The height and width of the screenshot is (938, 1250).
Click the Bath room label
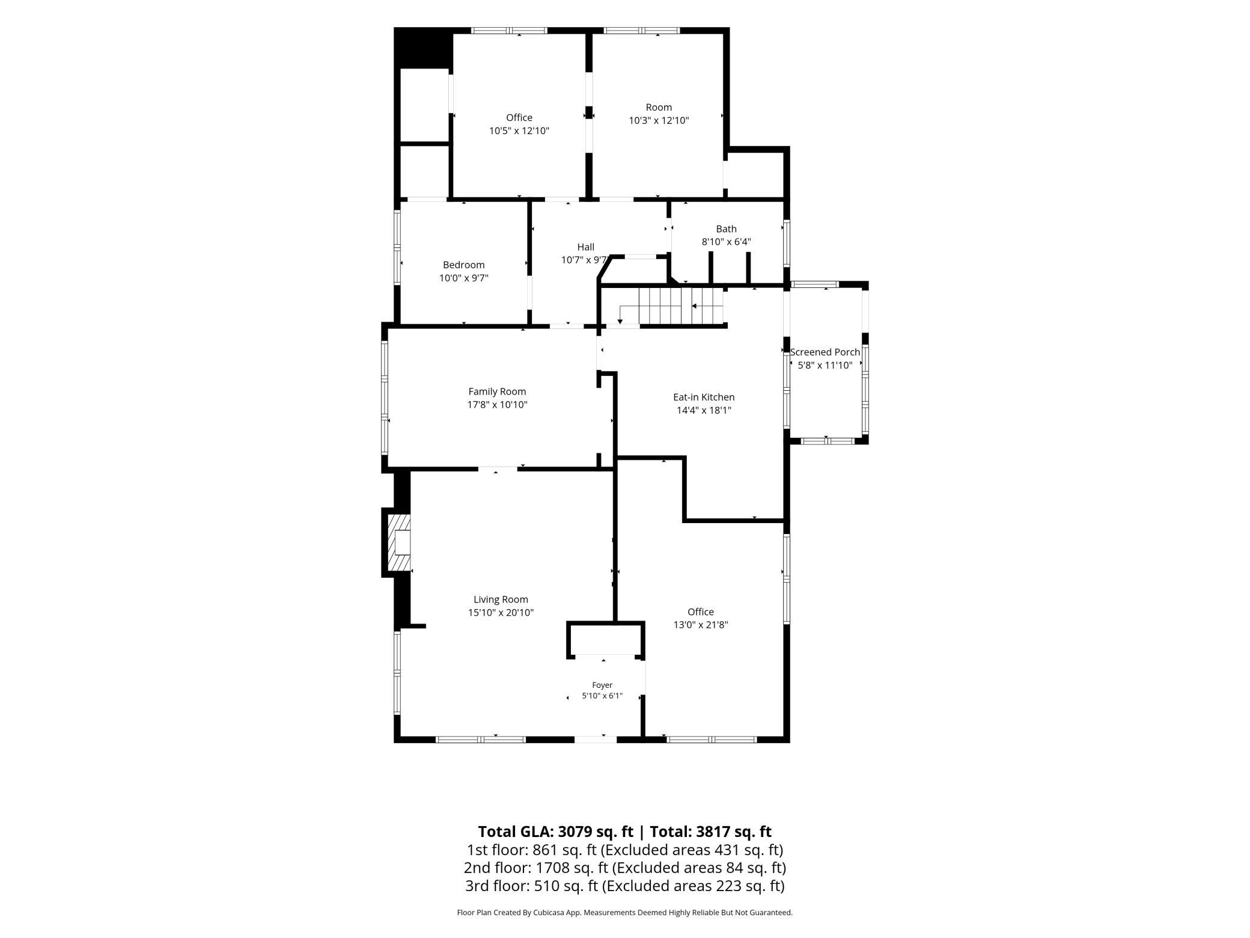point(726,228)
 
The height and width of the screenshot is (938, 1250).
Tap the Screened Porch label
point(825,352)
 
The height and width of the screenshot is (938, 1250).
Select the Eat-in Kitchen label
point(704,397)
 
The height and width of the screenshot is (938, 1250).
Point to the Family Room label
point(497,391)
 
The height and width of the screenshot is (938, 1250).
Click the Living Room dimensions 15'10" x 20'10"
point(501,613)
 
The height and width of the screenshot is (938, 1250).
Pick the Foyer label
point(602,685)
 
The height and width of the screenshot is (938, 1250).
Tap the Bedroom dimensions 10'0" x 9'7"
point(463,278)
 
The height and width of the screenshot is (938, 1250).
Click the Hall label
point(585,247)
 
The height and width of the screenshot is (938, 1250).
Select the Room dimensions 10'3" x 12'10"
point(659,120)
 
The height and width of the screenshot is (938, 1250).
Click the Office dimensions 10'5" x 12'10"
point(519,130)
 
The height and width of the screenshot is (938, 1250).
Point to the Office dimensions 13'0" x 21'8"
point(700,625)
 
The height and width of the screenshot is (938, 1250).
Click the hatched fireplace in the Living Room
point(399,543)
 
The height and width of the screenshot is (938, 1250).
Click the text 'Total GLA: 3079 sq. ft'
point(555,832)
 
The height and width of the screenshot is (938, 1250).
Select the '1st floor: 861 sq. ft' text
point(531,850)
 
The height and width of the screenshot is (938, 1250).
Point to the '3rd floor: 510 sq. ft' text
point(531,886)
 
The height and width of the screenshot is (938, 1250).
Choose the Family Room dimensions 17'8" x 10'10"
point(497,405)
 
